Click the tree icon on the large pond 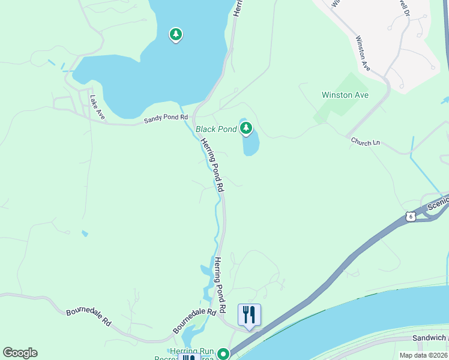[x=175, y=35]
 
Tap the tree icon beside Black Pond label [x=246, y=127]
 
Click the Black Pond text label [x=216, y=129]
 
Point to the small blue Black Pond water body [x=251, y=145]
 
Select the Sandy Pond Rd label [x=166, y=119]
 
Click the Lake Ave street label [x=97, y=107]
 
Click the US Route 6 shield [x=410, y=216]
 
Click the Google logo [x=20, y=353]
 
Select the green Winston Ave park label [x=345, y=95]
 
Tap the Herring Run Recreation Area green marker [x=223, y=354]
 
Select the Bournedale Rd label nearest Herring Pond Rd [x=194, y=321]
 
